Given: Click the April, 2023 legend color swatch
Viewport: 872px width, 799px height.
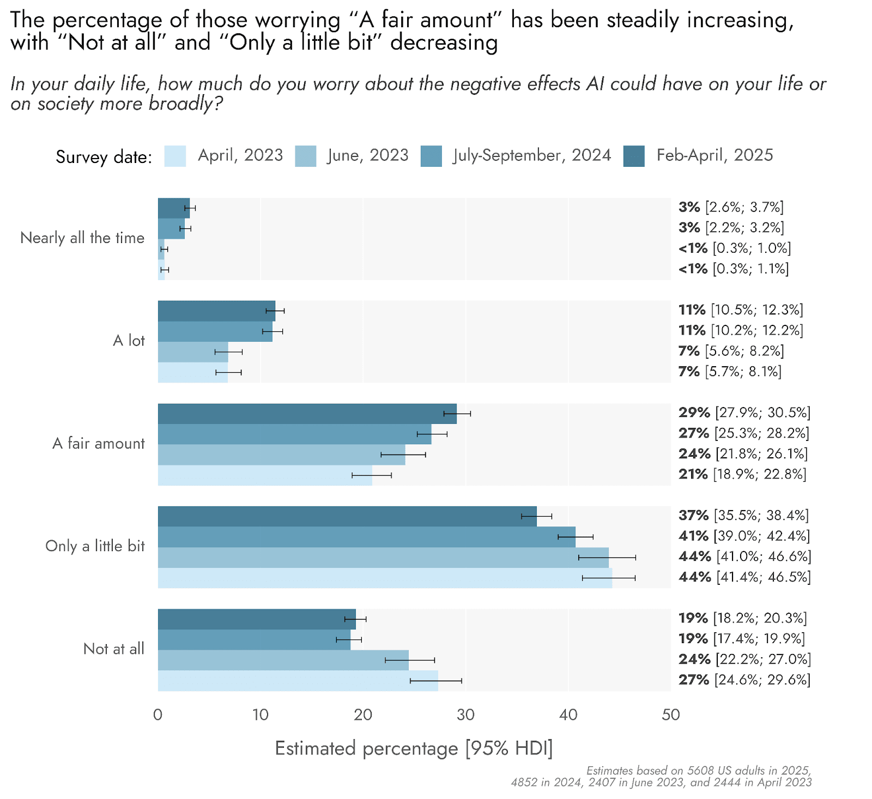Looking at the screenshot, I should [175, 156].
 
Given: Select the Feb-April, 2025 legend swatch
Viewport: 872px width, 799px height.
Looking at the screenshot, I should [634, 156].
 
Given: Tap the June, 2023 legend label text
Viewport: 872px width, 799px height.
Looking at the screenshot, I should [368, 155].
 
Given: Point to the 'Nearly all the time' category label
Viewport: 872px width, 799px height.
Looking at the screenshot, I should [82, 238].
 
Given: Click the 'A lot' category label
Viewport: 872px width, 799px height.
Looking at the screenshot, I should [129, 341].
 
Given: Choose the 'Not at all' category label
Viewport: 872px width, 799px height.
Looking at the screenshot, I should [113, 649].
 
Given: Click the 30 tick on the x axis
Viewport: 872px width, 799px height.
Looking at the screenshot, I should [465, 715].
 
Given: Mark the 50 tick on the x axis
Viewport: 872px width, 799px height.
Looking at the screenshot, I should [671, 715].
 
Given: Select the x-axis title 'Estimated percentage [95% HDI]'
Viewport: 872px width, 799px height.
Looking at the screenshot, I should [414, 749].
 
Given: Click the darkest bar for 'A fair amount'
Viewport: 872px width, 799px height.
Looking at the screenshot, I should [307, 414].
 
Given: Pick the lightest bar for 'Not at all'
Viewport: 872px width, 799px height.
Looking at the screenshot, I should [298, 681].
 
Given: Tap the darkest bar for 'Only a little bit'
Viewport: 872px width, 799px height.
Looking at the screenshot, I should [347, 516].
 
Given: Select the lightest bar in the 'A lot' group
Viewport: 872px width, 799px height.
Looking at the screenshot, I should [193, 373].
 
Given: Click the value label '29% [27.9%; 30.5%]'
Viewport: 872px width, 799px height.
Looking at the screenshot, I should [744, 413].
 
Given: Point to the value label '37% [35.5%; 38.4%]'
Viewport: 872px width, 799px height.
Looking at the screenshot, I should [743, 516].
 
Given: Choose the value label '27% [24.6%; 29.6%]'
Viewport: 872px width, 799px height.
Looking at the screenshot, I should [744, 680].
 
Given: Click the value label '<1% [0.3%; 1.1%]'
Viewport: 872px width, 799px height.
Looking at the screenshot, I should [733, 269].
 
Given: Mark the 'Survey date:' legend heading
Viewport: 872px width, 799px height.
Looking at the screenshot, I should [104, 157].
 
